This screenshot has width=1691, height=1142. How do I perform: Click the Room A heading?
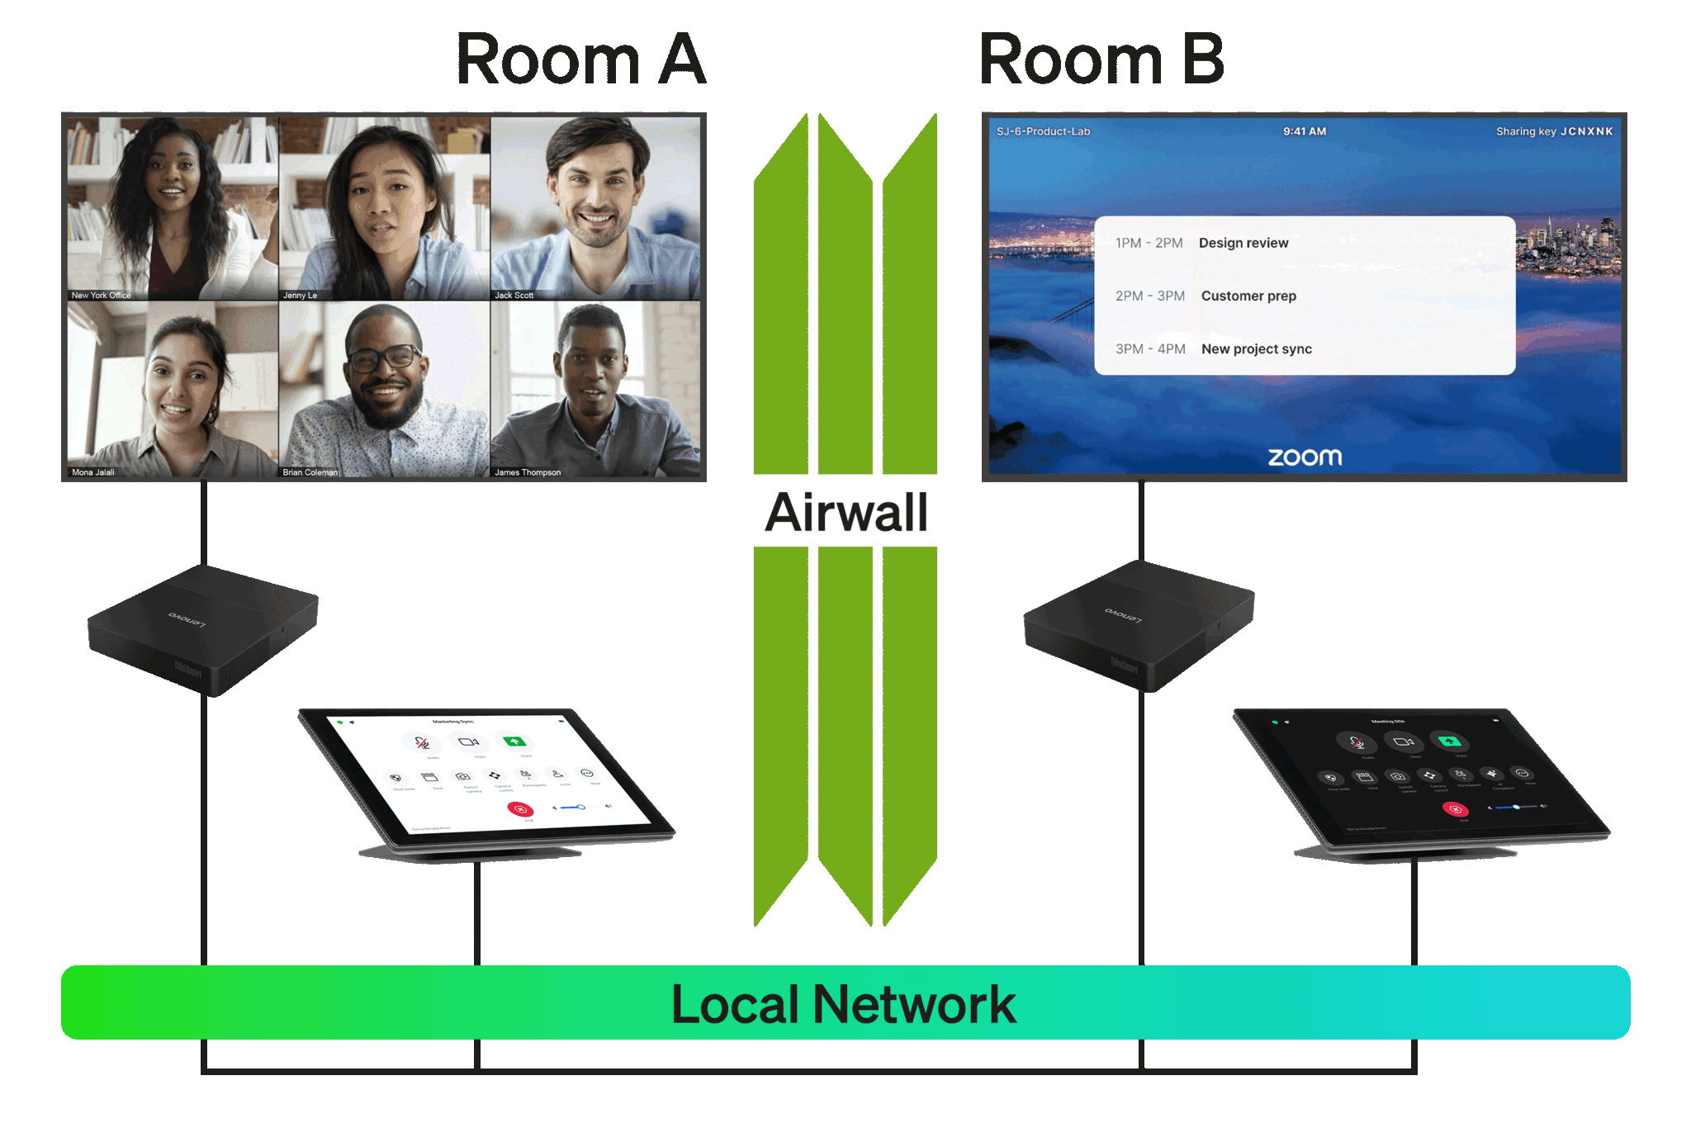(x=580, y=60)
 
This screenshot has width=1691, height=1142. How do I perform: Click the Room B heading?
(x=1101, y=60)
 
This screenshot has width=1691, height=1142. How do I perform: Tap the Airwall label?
(x=846, y=511)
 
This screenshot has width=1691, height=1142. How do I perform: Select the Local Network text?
(x=844, y=1004)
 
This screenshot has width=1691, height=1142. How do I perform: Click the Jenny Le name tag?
(x=300, y=295)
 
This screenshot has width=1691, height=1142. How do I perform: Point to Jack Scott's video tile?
(x=595, y=207)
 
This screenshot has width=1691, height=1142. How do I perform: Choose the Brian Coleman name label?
(x=310, y=472)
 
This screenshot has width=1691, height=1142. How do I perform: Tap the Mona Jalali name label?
(x=92, y=472)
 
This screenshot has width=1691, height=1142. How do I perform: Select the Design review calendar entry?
(x=1243, y=243)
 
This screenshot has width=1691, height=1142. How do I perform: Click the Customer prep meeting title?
(x=1248, y=296)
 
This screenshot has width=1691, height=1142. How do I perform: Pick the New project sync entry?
(x=1256, y=349)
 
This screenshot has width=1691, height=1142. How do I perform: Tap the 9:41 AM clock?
(x=1305, y=131)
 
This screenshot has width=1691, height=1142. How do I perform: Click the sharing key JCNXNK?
(x=1586, y=131)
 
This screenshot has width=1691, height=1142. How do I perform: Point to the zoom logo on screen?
(x=1305, y=457)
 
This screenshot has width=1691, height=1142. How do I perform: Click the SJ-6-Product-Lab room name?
(x=1043, y=131)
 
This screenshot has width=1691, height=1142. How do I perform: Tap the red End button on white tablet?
(x=520, y=809)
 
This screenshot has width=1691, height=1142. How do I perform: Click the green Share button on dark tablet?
(x=1449, y=741)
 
